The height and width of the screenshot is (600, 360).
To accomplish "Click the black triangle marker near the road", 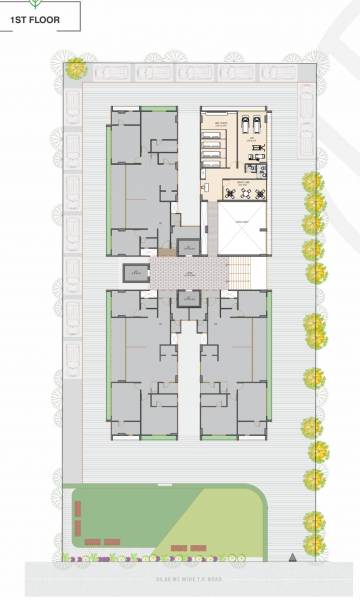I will tap(291, 555).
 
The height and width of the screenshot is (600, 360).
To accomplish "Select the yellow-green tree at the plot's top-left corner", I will tap(75, 68).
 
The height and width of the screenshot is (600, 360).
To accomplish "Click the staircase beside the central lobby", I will tap(239, 271).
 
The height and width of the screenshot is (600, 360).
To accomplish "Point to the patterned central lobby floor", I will tap(188, 271).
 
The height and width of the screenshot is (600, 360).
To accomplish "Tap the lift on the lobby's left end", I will tap(133, 273).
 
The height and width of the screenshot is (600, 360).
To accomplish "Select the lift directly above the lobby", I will tap(187, 245).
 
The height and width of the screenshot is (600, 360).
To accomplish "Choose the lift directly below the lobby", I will tap(187, 298).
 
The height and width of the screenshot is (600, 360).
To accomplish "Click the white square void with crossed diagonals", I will tap(241, 229).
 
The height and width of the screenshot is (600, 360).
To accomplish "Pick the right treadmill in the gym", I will tap(256, 125).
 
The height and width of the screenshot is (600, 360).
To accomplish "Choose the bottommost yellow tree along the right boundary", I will tap(314, 545).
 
